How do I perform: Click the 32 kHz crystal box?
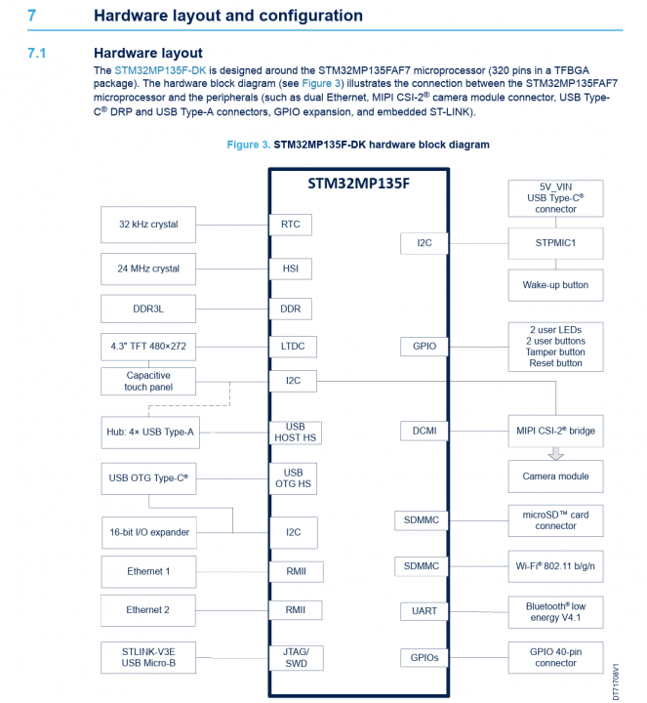click(x=148, y=225)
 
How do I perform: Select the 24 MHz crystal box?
click(x=148, y=269)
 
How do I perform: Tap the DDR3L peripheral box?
click(x=148, y=310)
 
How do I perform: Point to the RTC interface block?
click(x=290, y=225)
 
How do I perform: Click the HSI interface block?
click(x=290, y=269)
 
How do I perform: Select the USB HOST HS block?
click(x=295, y=433)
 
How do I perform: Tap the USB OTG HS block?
click(x=295, y=478)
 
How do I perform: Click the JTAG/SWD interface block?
click(x=295, y=657)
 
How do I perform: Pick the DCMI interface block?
click(x=424, y=431)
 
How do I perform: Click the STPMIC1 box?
click(x=555, y=243)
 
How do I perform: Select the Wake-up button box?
click(x=555, y=285)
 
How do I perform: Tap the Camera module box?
click(x=555, y=476)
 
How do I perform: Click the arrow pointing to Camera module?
click(x=555, y=453)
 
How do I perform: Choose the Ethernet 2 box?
click(x=148, y=610)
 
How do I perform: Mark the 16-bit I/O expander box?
click(x=150, y=532)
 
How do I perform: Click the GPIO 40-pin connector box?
click(x=555, y=657)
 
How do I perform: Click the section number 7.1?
click(x=37, y=53)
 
